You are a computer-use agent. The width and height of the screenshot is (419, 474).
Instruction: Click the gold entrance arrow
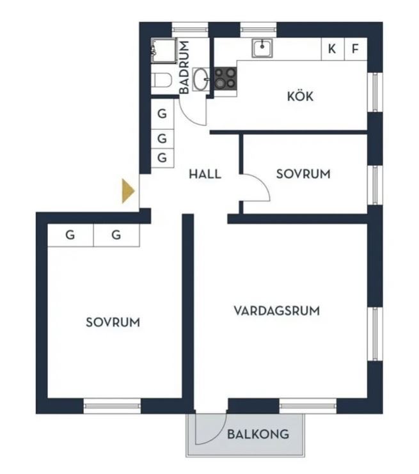pyautogui.click(x=127, y=191)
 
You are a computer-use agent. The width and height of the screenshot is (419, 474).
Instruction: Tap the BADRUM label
pyautogui.click(x=184, y=67)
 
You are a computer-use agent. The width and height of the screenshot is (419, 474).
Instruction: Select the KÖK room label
pyautogui.click(x=300, y=96)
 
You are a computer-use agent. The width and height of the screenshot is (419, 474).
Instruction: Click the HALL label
pyautogui.click(x=205, y=174)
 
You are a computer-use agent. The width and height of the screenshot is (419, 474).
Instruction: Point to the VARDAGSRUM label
pyautogui.click(x=276, y=311)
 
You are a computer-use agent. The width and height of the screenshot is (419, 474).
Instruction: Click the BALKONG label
pyautogui.click(x=258, y=434)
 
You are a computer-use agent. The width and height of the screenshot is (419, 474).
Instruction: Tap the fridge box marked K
pyautogui.click(x=333, y=49)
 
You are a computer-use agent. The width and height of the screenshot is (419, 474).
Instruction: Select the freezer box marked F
pyautogui.click(x=356, y=49)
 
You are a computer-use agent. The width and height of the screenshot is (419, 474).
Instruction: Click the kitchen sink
pyautogui.click(x=262, y=48)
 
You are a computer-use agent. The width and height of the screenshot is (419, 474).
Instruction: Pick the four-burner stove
pyautogui.click(x=226, y=78)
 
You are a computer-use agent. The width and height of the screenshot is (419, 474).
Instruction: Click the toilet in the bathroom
pyautogui.click(x=161, y=80)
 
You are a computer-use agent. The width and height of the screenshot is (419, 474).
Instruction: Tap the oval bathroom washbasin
pyautogui.click(x=200, y=79)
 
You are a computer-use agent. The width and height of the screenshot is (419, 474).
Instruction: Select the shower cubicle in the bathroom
pyautogui.click(x=164, y=51)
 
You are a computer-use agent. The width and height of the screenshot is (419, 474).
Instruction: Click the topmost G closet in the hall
pyautogui.click(x=162, y=114)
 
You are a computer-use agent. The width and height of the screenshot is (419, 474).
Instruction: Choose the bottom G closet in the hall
pyautogui.click(x=162, y=158)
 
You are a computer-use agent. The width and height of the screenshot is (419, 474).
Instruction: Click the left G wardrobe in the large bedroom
pyautogui.click(x=70, y=235)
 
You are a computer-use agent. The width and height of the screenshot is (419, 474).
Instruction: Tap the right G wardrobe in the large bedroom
pyautogui.click(x=116, y=235)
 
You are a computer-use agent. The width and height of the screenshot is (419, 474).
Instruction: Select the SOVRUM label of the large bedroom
pyautogui.click(x=113, y=322)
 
